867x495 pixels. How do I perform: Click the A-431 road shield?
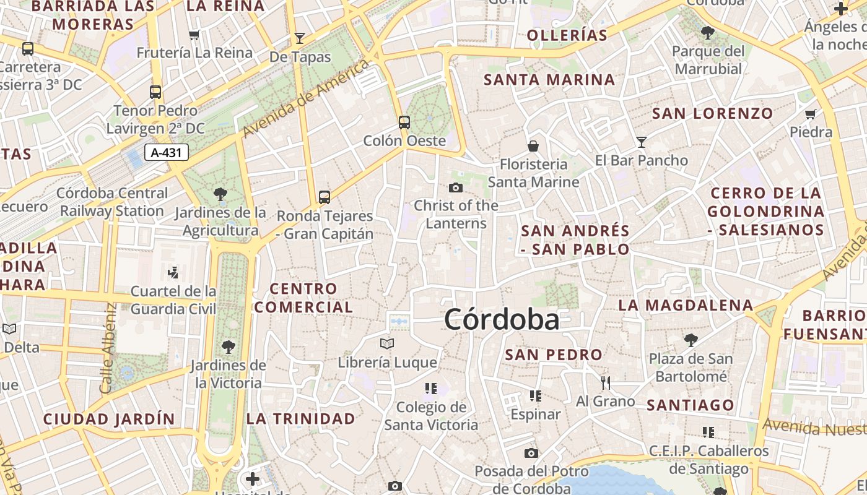pyautogui.click(x=167, y=152)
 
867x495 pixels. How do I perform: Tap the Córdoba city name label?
pyautogui.click(x=502, y=320)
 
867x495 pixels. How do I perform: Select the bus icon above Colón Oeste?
pyautogui.click(x=404, y=123)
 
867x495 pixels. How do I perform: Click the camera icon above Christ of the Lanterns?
pyautogui.click(x=456, y=187)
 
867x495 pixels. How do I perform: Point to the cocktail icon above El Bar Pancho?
pyautogui.click(x=642, y=142)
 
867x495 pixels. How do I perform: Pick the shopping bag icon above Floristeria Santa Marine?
pyautogui.click(x=533, y=146)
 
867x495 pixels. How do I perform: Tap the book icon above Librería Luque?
pyautogui.click(x=387, y=343)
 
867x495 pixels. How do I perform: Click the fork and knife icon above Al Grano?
pyautogui.click(x=606, y=383)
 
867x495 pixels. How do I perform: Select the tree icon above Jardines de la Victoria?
pyautogui.click(x=229, y=346)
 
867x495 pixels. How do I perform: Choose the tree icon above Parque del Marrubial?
pyautogui.click(x=708, y=33)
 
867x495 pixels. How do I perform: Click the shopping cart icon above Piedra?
pyautogui.click(x=811, y=114)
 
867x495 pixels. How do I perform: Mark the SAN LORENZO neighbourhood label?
pyautogui.click(x=713, y=113)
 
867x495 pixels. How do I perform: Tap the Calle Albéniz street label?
pyautogui.click(x=108, y=348)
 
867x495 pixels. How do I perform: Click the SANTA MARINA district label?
pyautogui.click(x=549, y=80)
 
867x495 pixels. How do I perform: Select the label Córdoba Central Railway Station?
pyautogui.click(x=112, y=202)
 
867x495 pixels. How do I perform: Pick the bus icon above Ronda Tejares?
pyautogui.click(x=325, y=197)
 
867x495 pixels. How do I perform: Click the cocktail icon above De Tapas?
pyautogui.click(x=300, y=38)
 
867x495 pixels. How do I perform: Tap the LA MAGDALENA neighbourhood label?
pyautogui.click(x=686, y=305)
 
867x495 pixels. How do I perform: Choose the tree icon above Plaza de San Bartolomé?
pyautogui.click(x=691, y=340)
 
